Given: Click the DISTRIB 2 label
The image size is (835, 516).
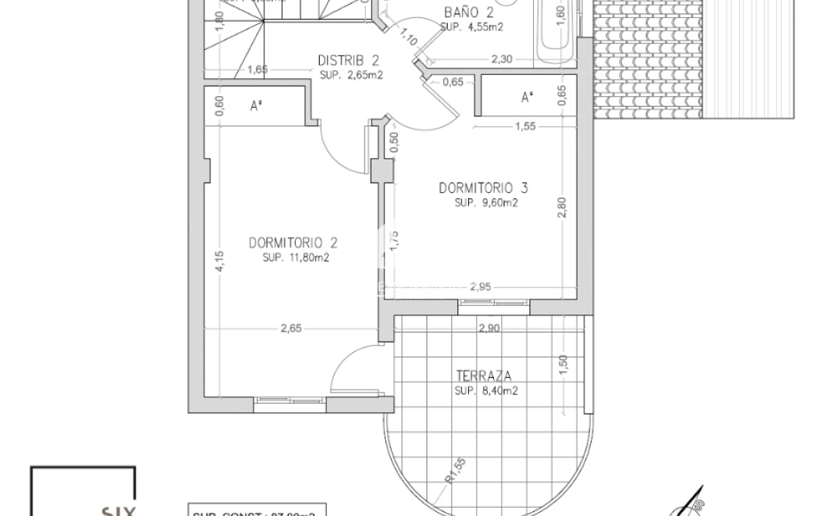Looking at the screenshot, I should [x=349, y=61].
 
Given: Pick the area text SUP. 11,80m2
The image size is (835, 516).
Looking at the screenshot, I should [x=296, y=258].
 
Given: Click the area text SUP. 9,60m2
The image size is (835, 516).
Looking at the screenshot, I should [x=486, y=202].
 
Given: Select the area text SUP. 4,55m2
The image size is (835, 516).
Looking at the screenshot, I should [x=471, y=26].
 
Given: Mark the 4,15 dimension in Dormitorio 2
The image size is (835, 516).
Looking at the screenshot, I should [x=221, y=260].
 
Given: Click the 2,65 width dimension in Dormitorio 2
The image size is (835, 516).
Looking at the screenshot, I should [x=291, y=329].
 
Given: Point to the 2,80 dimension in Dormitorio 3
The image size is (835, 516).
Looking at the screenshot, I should [x=562, y=208].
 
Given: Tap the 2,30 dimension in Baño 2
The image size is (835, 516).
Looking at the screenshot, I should [x=501, y=59].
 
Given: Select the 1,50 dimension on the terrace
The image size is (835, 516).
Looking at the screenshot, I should [x=563, y=364].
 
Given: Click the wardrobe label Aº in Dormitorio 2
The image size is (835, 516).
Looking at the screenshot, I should [x=255, y=107].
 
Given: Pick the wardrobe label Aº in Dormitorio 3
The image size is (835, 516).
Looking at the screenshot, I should [x=527, y=98].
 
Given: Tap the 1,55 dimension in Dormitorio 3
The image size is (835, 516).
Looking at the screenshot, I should [x=525, y=126].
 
